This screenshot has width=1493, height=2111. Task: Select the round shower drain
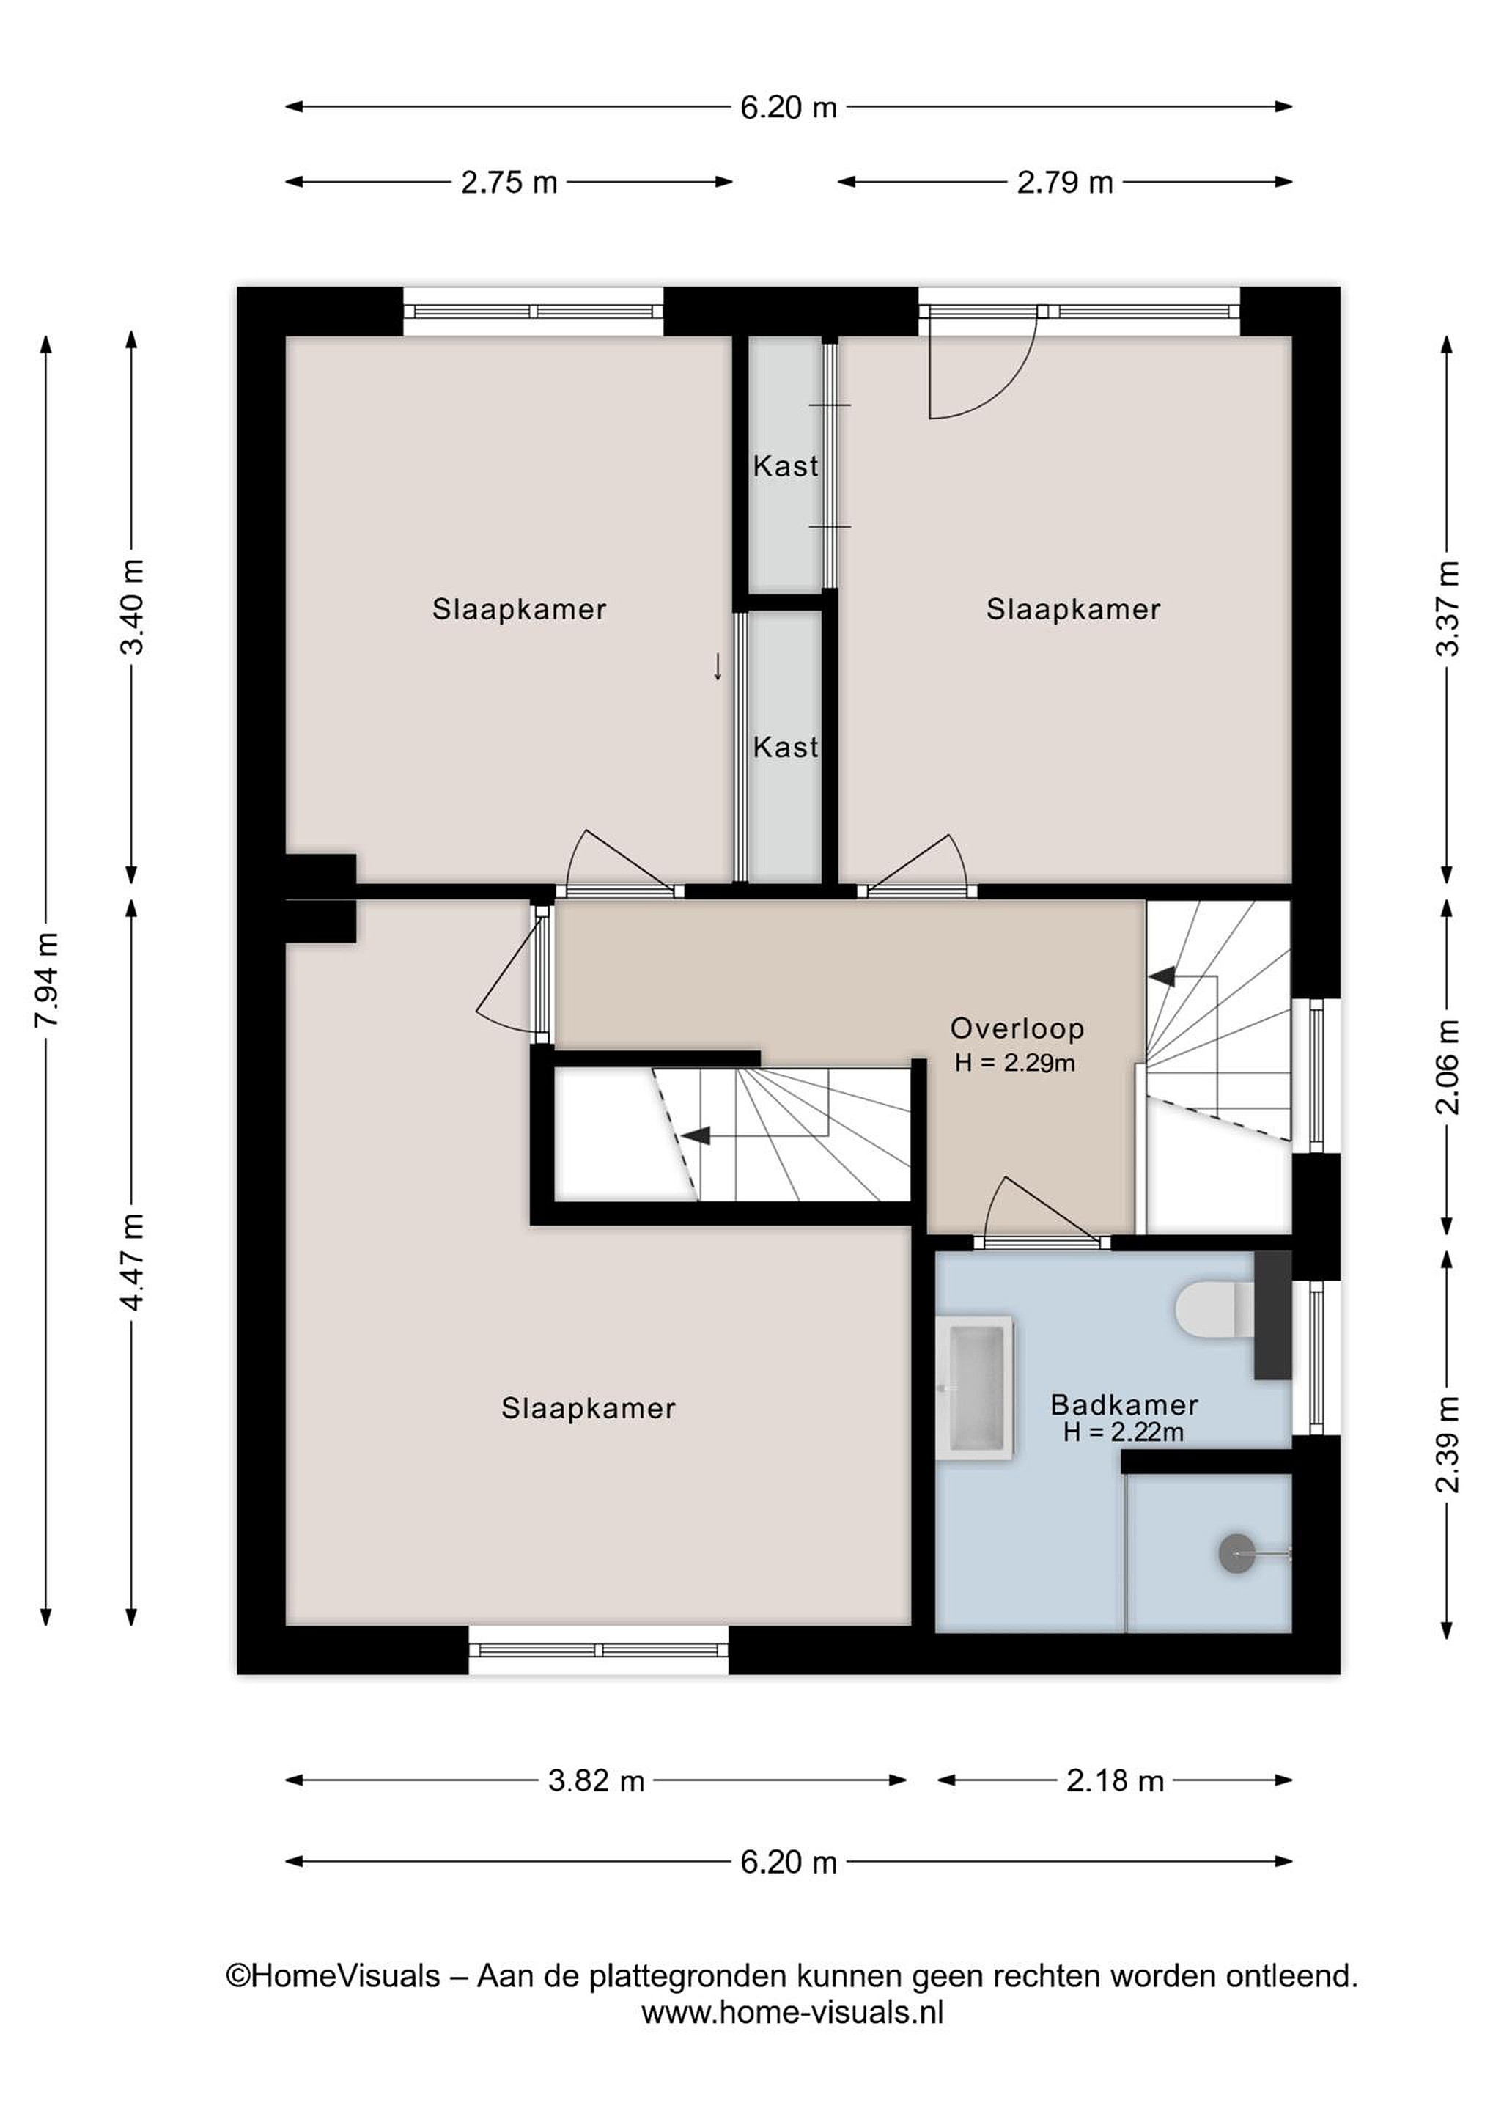tap(1236, 1553)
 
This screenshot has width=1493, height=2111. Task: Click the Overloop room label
tap(1017, 1028)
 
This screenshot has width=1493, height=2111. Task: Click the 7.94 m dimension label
tap(47, 980)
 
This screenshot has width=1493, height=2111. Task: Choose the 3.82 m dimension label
tap(596, 1781)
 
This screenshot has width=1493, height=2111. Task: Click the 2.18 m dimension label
tap(1115, 1781)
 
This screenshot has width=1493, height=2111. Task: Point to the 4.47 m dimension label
tap(133, 1261)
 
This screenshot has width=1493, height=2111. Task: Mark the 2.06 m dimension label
tap(1447, 1066)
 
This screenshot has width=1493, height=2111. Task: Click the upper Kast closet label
tap(786, 466)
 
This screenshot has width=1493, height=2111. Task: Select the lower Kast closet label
tap(786, 747)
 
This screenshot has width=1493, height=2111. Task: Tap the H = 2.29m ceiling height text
tap(1015, 1064)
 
